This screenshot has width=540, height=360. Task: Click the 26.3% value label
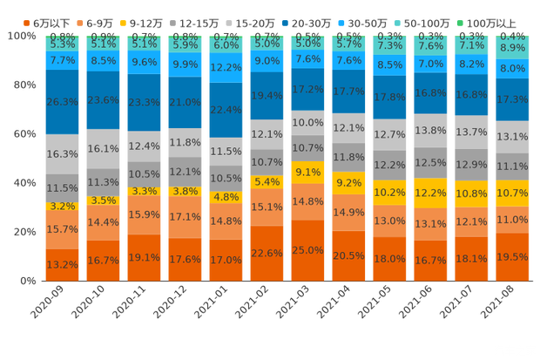pos(62,101)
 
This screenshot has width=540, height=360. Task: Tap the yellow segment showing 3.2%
pos(62,207)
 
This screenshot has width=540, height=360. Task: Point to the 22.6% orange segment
pos(267,253)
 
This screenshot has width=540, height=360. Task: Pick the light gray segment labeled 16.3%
pos(62,153)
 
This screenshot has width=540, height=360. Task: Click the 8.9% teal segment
pos(512,48)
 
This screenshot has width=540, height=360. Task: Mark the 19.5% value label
pos(512,258)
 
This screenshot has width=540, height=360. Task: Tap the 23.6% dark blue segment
pos(103,99)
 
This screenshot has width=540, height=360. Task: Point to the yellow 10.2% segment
pos(389,192)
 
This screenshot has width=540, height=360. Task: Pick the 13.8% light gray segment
pos(430,130)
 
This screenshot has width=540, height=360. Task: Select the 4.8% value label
pos(226,197)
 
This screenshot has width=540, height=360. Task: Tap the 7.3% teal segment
pos(389,45)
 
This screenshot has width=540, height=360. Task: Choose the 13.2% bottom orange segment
pos(62,264)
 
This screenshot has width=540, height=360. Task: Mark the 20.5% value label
pos(348,255)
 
